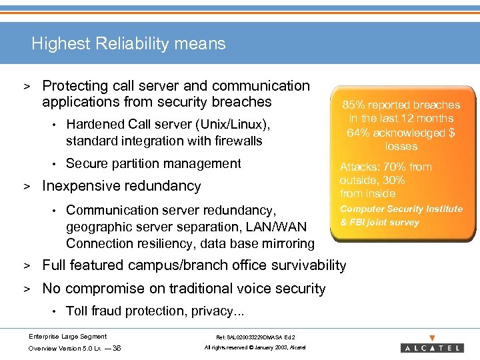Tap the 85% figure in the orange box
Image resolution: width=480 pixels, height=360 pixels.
tap(353, 105)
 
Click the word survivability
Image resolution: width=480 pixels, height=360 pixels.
tap(307, 265)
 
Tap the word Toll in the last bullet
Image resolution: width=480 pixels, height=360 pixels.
tap(77, 311)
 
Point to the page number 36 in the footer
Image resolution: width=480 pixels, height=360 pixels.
tap(117, 348)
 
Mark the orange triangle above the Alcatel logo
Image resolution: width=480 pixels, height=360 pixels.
tap(432, 338)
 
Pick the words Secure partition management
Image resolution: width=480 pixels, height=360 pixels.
tap(153, 163)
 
